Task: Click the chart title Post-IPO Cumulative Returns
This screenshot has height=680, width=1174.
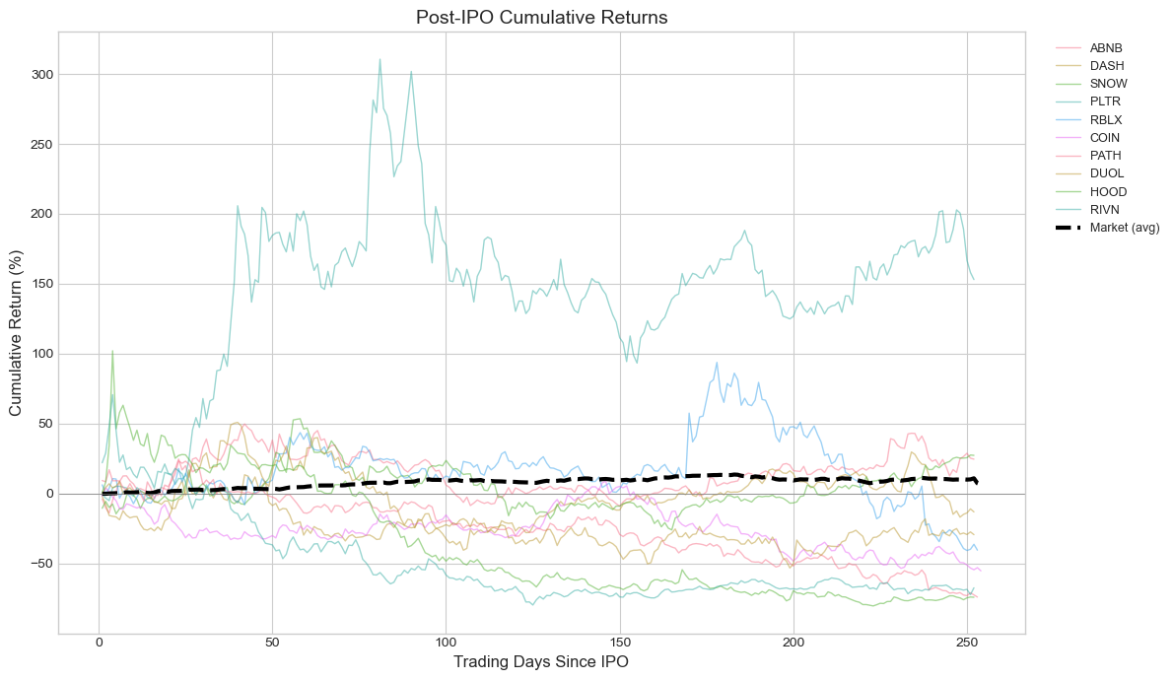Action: (542, 17)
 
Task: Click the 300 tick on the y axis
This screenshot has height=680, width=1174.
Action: (42, 75)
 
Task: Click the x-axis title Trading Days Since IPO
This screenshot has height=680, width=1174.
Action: (542, 662)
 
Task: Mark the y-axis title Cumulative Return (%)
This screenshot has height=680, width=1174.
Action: (16, 333)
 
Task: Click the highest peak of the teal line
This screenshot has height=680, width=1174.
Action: (380, 59)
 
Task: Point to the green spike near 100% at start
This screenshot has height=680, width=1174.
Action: (112, 351)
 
